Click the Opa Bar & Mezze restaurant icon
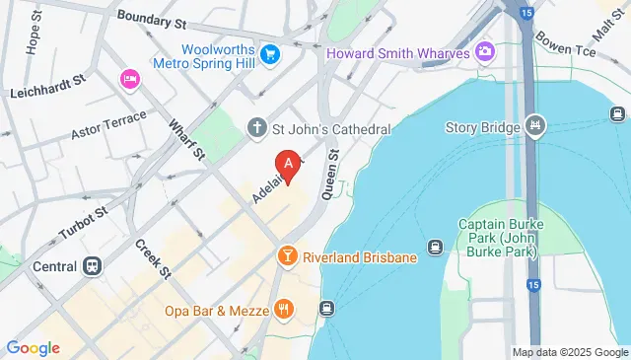pyautogui.click(x=283, y=311)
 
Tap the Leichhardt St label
pyautogui.click(x=48, y=92)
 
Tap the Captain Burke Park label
pyautogui.click(x=498, y=233)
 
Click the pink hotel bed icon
pyautogui.click(x=128, y=78)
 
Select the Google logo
pyautogui.click(x=33, y=347)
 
